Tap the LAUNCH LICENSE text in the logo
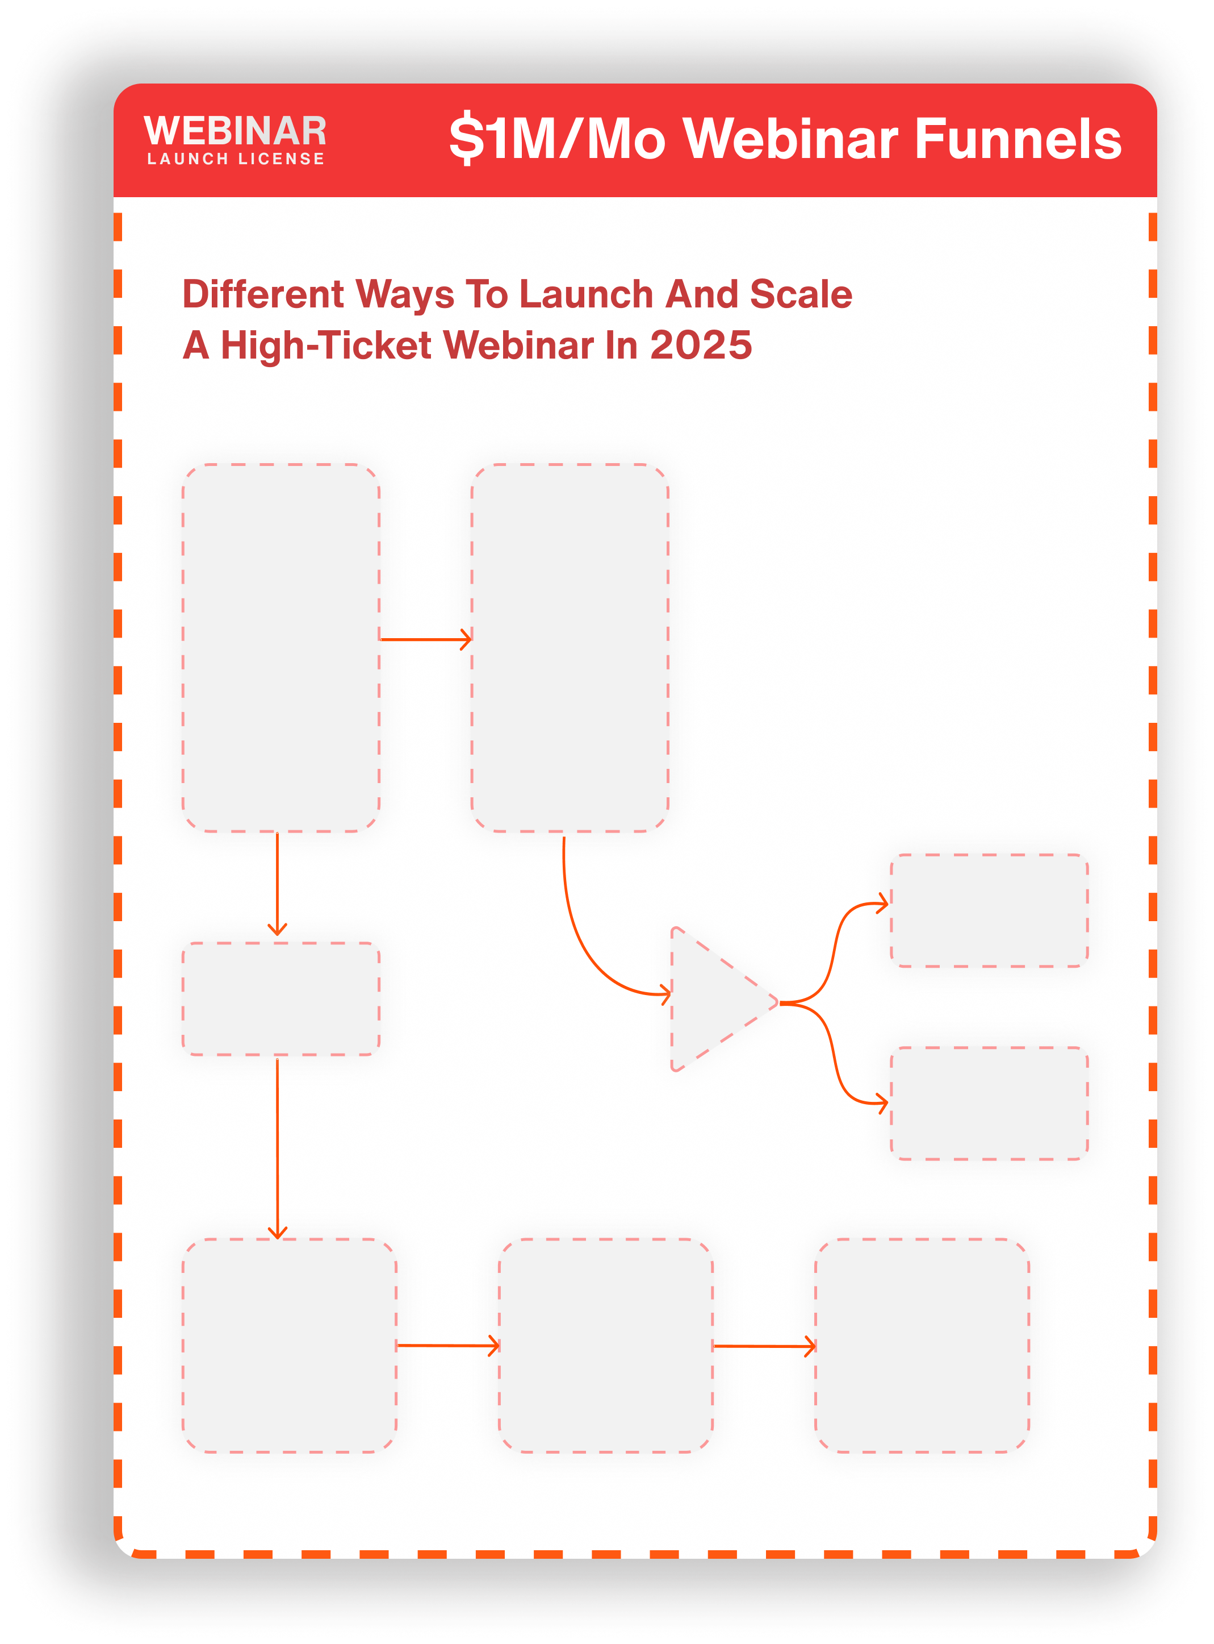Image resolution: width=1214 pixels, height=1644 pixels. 236,159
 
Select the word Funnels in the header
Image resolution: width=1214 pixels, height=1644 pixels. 1018,138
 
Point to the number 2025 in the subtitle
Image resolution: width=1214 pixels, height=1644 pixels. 701,345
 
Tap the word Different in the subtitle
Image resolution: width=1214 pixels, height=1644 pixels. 263,294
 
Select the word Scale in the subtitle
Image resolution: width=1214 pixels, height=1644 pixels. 801,294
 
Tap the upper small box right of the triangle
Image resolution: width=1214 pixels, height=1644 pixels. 989,911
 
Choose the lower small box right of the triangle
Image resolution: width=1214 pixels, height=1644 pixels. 989,1104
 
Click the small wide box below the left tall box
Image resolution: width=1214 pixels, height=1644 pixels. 281,999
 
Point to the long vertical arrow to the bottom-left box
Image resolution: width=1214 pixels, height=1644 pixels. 278,1148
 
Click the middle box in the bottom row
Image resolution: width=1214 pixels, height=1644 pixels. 605,1346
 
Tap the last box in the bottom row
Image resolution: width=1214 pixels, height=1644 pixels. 922,1346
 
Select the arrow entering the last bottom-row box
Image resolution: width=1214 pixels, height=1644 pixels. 764,1346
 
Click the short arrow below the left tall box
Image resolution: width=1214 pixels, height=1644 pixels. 278,884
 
